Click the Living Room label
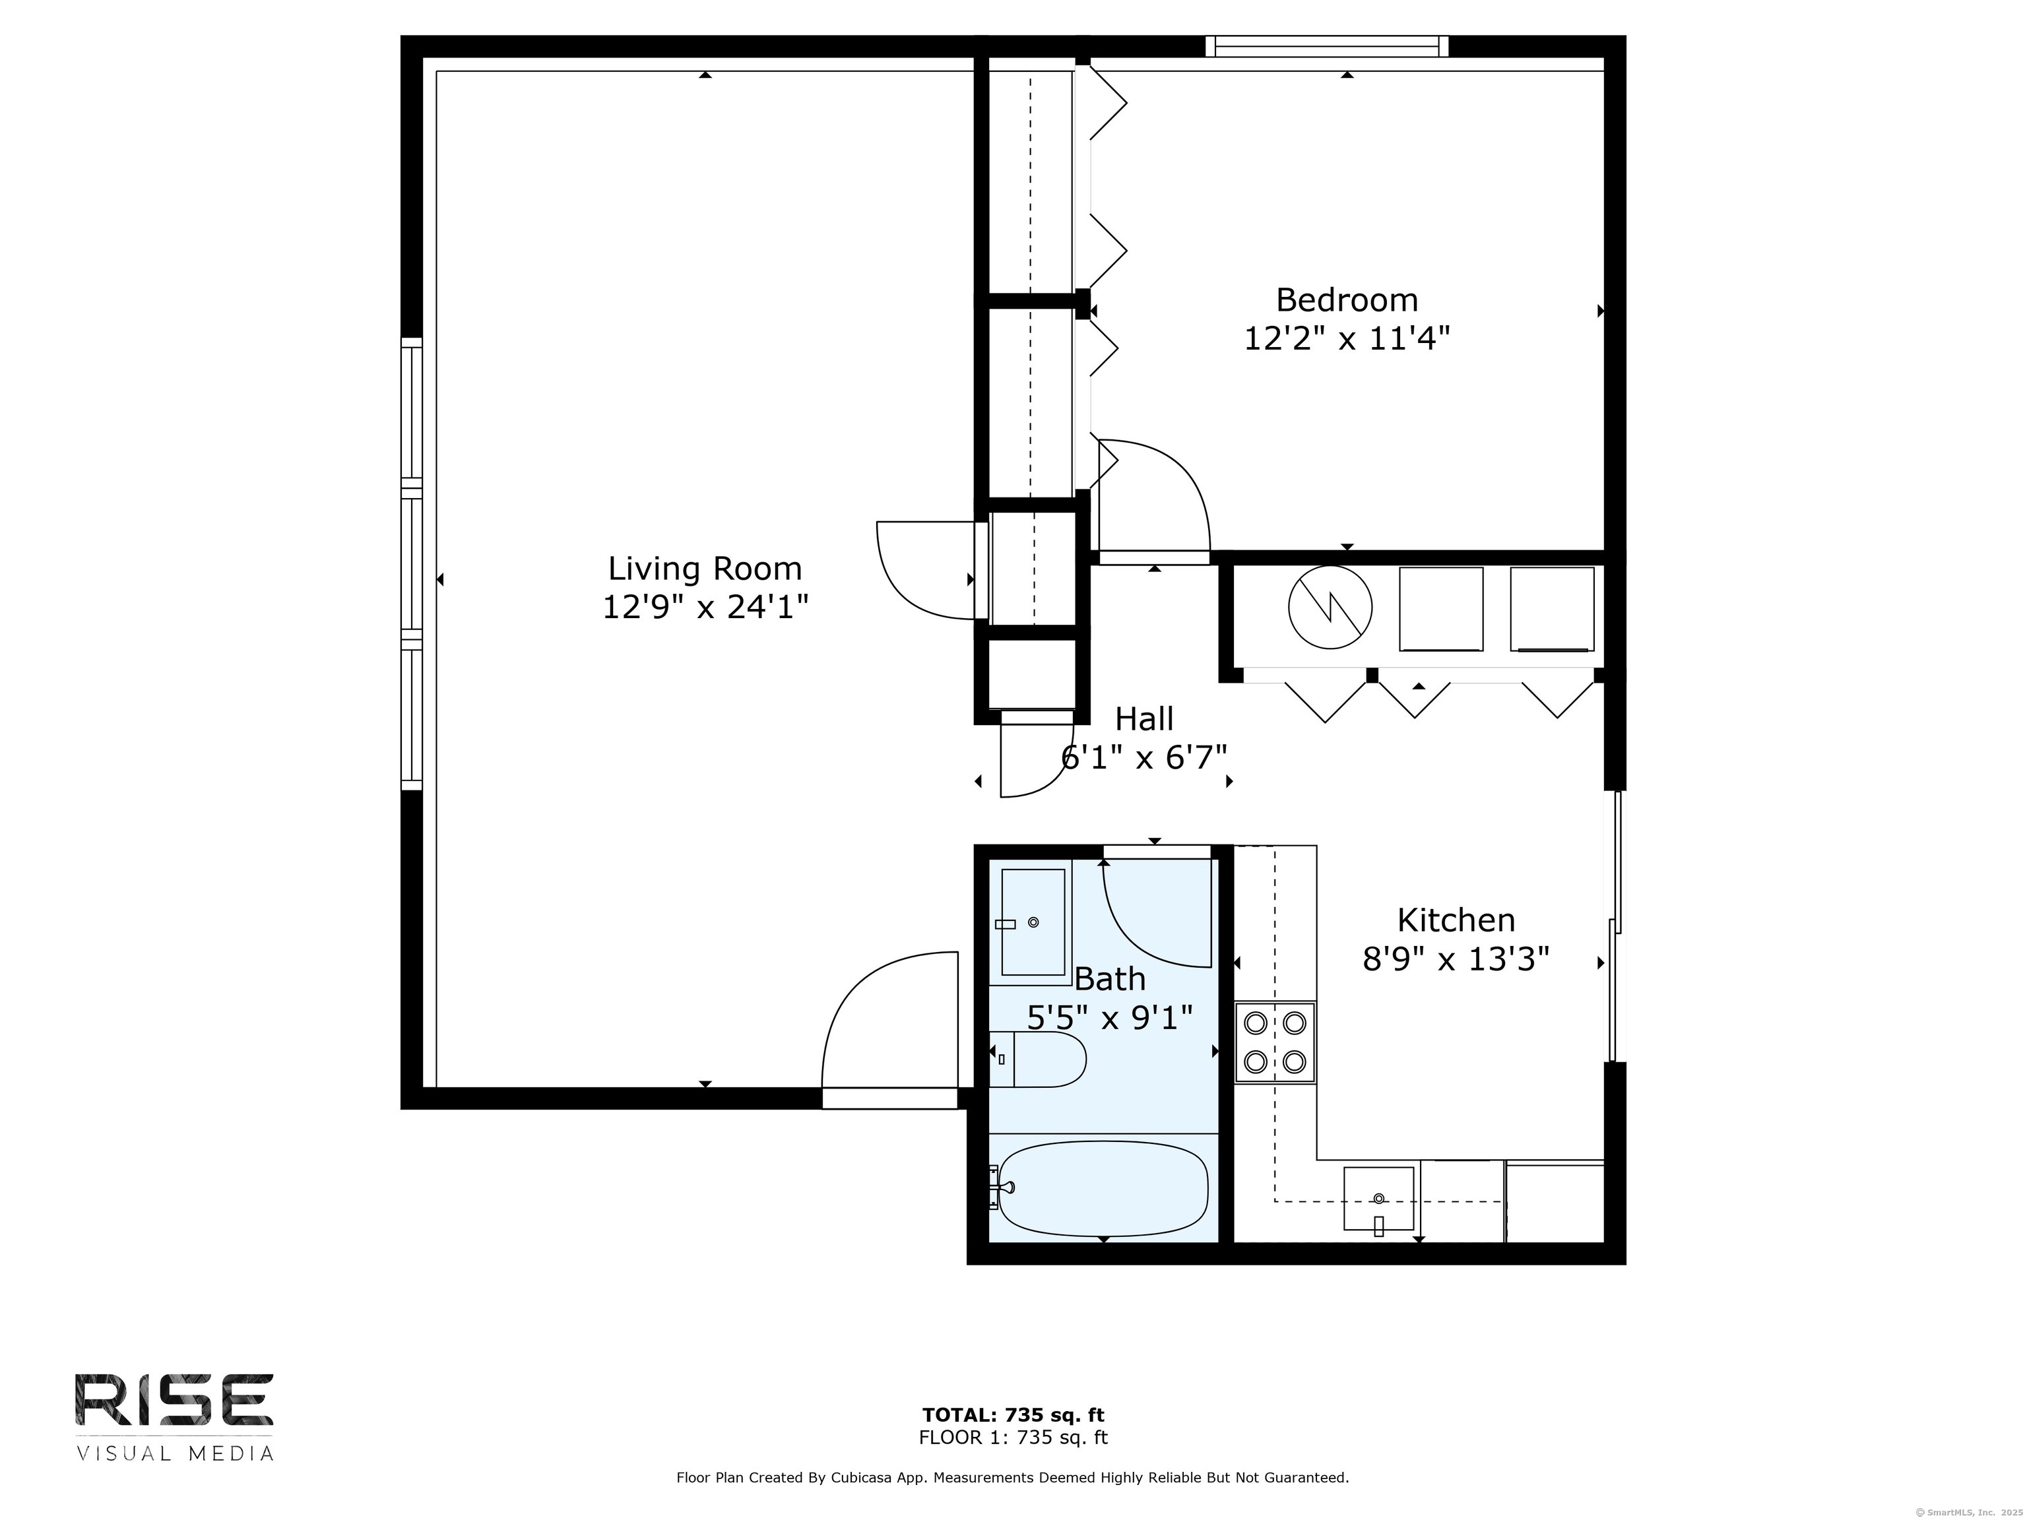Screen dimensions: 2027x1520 [705, 569]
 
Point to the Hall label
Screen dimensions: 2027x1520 [1145, 718]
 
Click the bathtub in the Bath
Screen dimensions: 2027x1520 [1103, 1188]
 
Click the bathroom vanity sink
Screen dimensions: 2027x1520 [1033, 922]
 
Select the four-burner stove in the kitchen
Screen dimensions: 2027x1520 [1275, 1042]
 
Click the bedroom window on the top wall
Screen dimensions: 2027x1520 [1326, 46]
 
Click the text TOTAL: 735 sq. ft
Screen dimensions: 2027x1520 [1013, 1416]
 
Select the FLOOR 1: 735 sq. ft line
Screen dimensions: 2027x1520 [1013, 1438]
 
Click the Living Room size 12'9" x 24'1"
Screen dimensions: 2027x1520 [705, 606]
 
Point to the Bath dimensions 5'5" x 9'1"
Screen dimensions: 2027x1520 [1110, 1017]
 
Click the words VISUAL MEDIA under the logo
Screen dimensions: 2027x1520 [175, 1453]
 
